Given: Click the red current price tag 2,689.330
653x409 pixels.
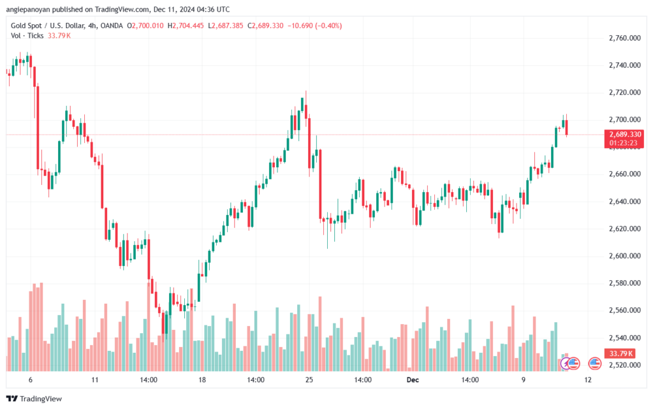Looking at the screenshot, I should (626, 135).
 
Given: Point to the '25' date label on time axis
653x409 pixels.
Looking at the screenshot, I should (309, 380).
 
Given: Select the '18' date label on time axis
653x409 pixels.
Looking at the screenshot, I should (202, 380).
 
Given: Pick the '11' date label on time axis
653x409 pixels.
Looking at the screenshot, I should (94, 380).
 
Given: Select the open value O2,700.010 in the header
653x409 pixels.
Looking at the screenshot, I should (145, 26).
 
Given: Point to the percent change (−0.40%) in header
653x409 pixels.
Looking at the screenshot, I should (328, 26).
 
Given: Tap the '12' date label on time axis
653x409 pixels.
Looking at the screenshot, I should (587, 380).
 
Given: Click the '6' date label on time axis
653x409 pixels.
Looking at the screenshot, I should (30, 380).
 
